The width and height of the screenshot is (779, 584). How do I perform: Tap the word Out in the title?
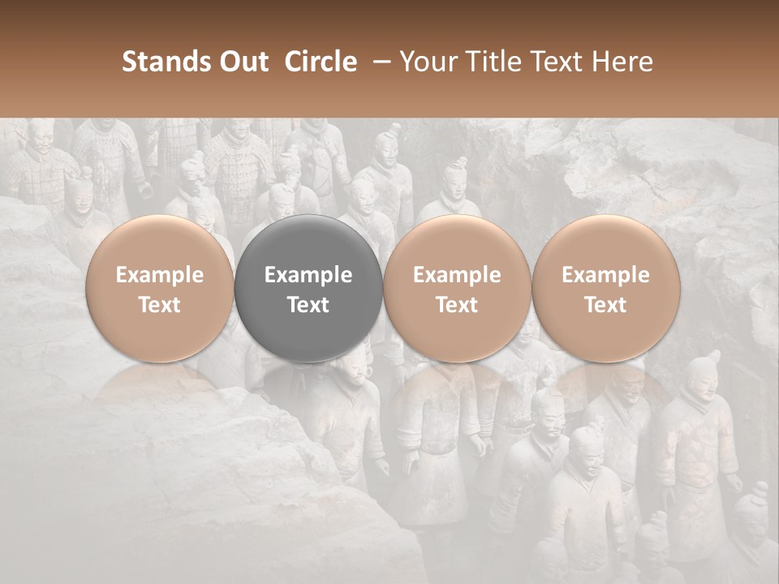(242, 62)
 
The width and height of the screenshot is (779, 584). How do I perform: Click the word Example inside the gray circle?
(308, 275)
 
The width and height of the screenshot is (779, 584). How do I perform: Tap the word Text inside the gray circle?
(308, 305)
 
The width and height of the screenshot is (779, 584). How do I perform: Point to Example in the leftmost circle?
(159, 275)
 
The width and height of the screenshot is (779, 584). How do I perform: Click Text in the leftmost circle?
(159, 305)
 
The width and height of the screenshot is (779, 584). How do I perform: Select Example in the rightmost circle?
(605, 275)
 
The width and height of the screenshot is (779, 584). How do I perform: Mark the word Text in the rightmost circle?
(605, 305)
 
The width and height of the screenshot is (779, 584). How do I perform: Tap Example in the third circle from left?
(457, 275)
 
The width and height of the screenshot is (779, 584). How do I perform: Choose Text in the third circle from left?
(457, 305)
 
